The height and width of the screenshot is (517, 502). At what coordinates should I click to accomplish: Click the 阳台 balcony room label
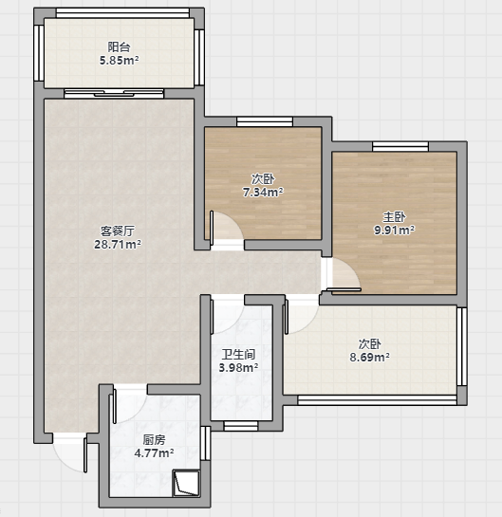119,47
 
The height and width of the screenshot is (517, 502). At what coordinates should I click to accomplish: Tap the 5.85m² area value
119,61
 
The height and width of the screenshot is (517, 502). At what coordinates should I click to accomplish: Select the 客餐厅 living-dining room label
118,231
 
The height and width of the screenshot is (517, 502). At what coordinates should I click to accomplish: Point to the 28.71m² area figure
118,245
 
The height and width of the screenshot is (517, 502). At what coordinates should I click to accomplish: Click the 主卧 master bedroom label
394,217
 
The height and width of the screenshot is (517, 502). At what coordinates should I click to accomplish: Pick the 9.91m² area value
394,230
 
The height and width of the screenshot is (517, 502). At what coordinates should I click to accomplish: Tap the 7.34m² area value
263,192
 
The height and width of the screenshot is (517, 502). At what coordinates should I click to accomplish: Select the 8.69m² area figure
370,357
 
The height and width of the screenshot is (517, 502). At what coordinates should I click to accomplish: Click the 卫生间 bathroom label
238,355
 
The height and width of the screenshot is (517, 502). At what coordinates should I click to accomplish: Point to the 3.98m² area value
238,367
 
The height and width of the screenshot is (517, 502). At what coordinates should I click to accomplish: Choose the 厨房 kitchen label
154,440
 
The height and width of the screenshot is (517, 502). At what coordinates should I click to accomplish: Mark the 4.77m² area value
154,453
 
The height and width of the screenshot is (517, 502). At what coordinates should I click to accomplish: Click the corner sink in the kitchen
186,484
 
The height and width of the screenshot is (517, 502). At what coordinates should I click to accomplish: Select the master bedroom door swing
343,275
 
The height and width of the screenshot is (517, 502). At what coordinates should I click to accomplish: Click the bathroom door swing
228,316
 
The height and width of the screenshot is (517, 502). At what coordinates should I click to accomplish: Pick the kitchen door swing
130,405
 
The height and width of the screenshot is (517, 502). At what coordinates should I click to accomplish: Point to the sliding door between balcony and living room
114,93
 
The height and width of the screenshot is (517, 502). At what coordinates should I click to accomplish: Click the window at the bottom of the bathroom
241,426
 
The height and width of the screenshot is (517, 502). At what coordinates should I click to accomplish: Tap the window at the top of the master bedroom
400,146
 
